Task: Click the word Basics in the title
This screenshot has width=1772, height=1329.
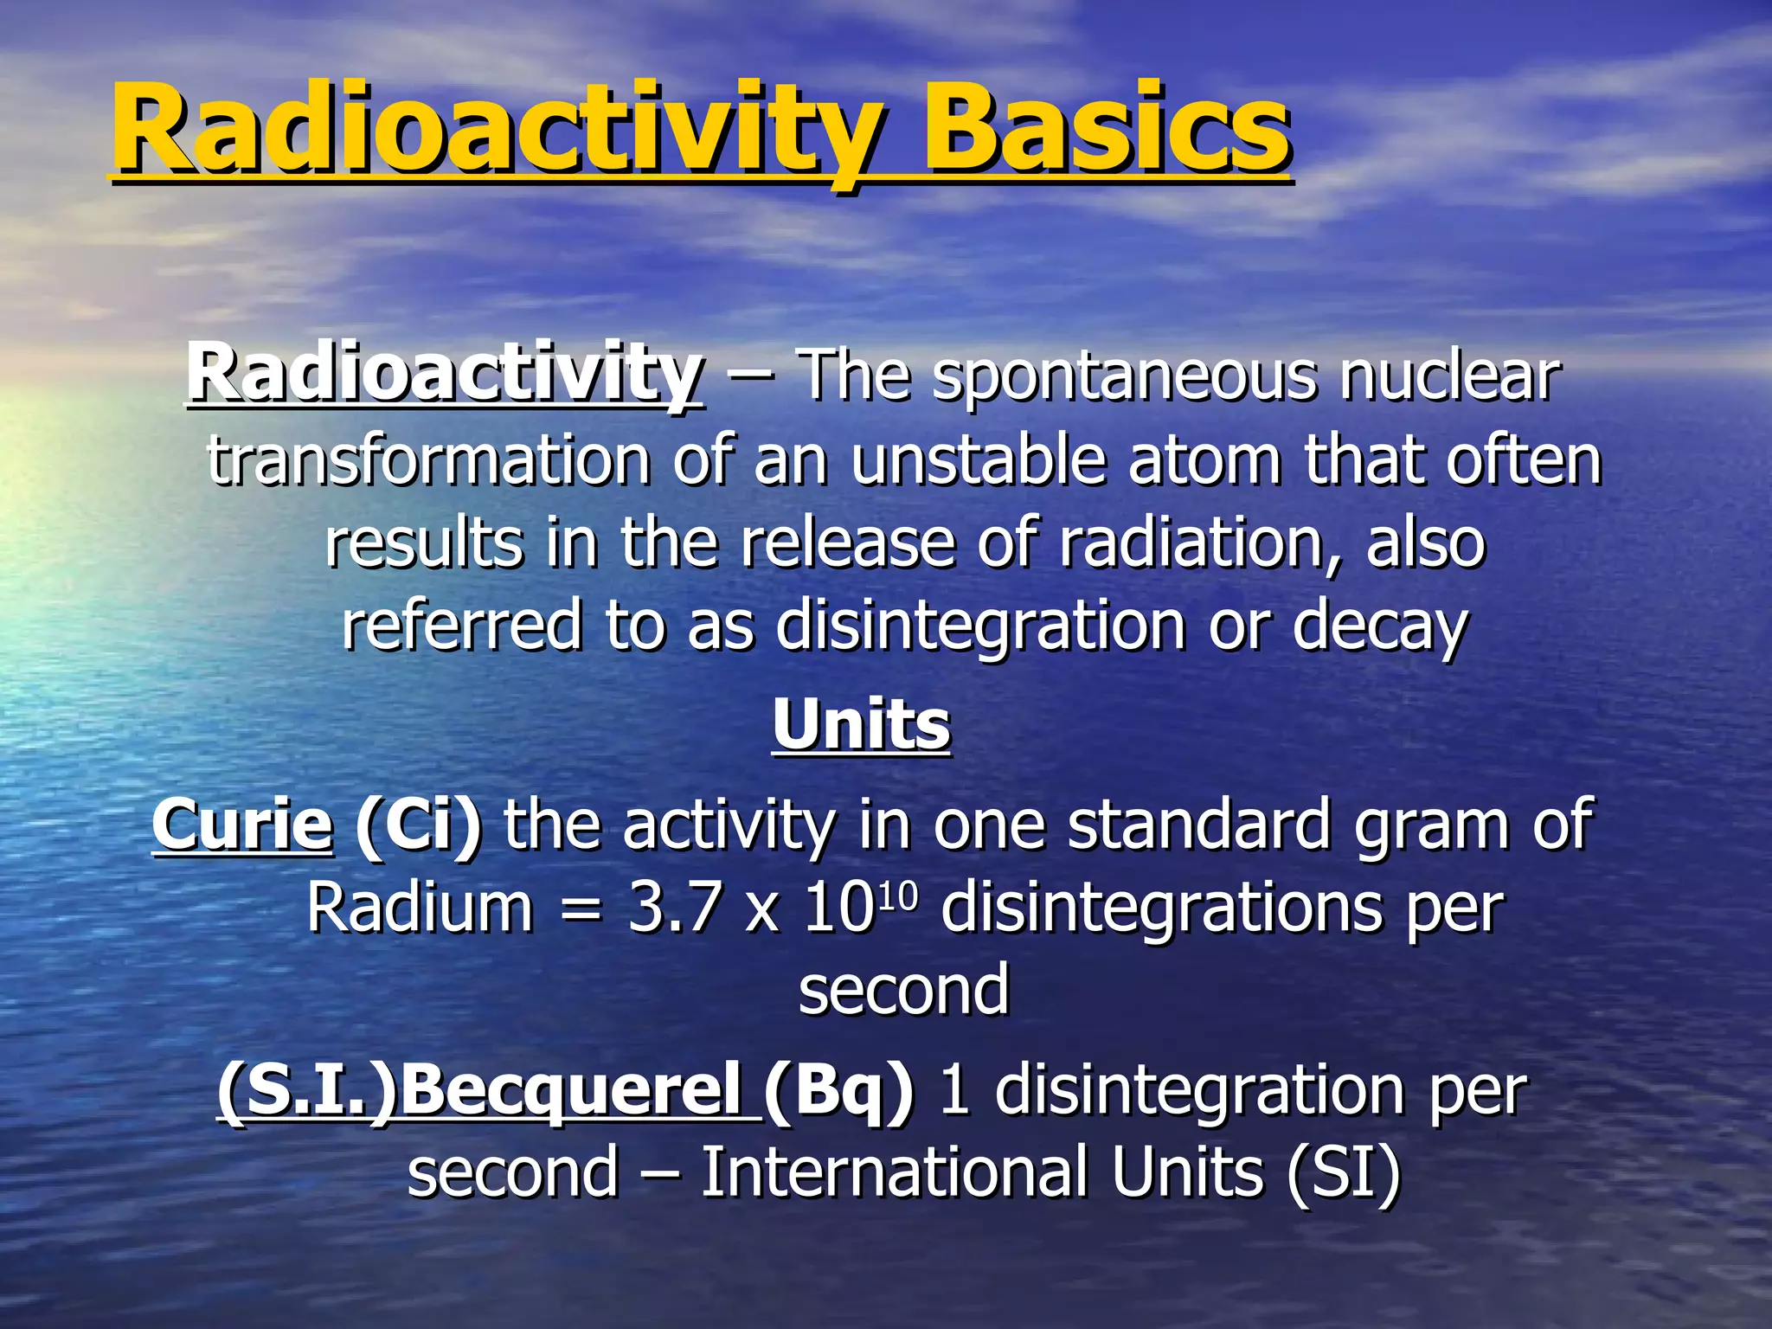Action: (1107, 130)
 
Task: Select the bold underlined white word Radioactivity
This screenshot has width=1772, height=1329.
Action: (445, 374)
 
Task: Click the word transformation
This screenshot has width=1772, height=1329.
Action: (427, 460)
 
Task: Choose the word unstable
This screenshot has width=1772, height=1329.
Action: (978, 460)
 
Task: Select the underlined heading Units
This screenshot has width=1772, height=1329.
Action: (862, 725)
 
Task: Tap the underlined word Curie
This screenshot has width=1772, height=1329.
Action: (242, 824)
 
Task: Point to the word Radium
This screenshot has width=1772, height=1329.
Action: (421, 908)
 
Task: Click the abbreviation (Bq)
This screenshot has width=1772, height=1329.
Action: (838, 1090)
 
